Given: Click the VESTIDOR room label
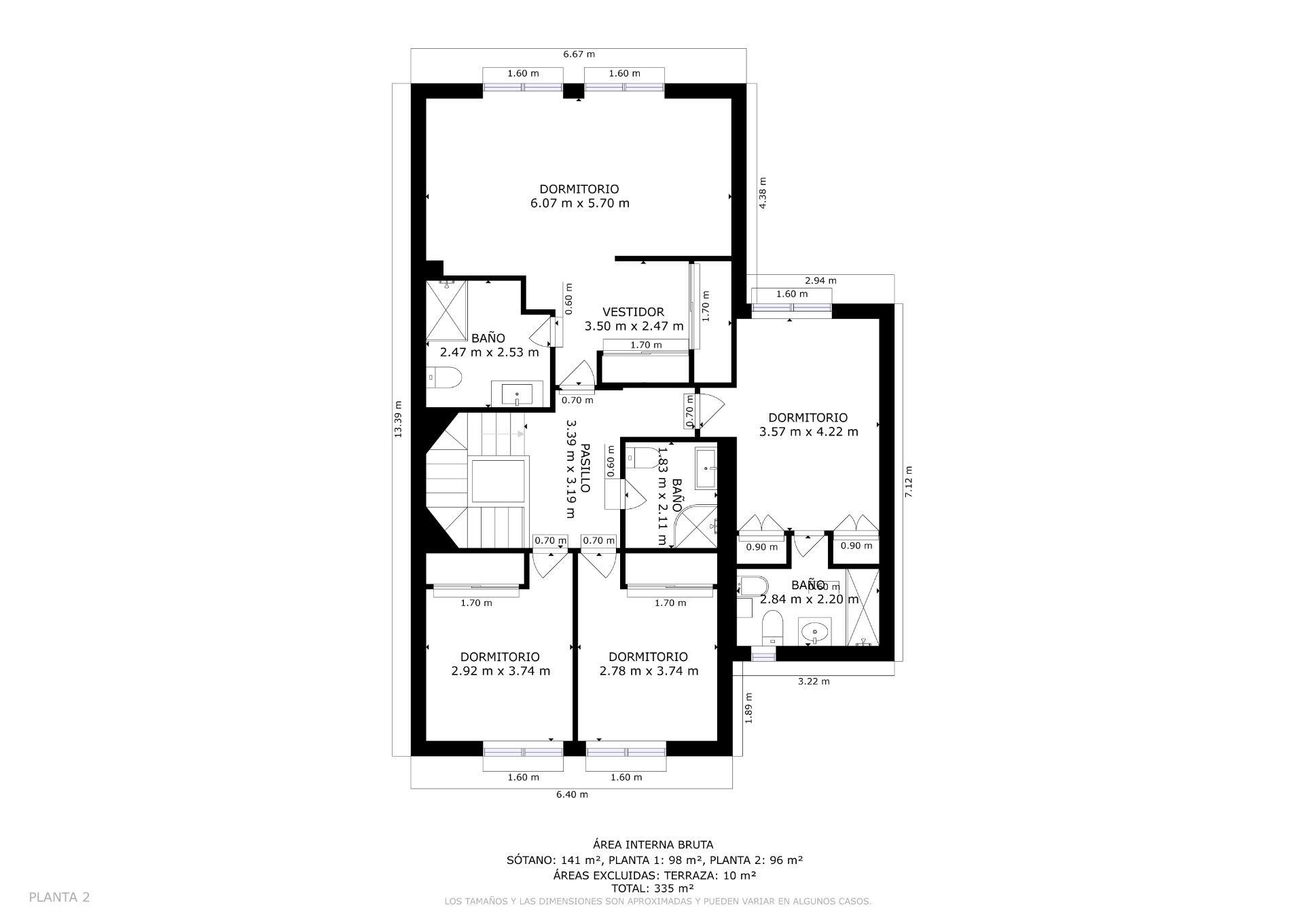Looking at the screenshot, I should [x=633, y=312].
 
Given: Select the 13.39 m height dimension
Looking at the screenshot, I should [x=399, y=419].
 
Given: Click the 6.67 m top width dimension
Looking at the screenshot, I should [x=579, y=54].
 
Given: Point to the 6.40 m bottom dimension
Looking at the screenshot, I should [x=572, y=794].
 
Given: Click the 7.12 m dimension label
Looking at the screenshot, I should [x=909, y=482].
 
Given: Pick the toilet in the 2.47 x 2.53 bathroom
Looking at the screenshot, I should [x=444, y=377].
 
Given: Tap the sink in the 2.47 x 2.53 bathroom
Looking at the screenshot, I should [x=517, y=394].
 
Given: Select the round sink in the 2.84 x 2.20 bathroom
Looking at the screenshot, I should [x=814, y=633].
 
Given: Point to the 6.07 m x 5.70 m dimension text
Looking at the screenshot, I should [x=579, y=203].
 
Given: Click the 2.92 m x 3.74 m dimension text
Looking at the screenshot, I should [x=501, y=671].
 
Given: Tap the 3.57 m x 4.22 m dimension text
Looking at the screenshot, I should [x=808, y=432].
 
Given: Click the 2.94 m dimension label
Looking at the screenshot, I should [x=820, y=280].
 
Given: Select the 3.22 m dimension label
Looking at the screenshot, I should [x=813, y=681].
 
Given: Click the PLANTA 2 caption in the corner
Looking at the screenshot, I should [x=59, y=897].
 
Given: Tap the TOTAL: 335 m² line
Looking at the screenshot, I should [x=653, y=888].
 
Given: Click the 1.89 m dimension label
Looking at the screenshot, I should [x=748, y=708].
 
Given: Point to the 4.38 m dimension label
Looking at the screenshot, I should [x=763, y=193].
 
